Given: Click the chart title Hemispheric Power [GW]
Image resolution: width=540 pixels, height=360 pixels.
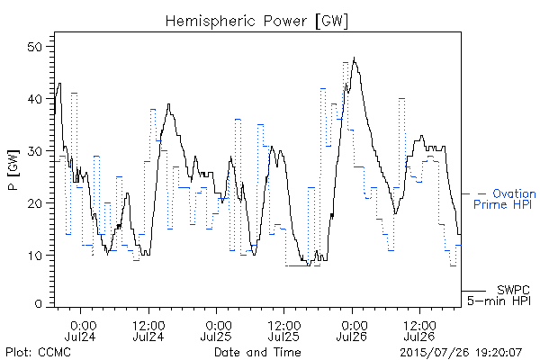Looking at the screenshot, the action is click(x=256, y=22).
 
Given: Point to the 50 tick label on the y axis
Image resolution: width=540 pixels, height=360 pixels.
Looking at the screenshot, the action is click(x=35, y=47).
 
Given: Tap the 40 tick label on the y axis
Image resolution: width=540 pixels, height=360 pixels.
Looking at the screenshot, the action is click(x=35, y=99).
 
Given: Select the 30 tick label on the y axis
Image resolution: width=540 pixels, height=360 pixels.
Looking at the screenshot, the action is click(x=35, y=151).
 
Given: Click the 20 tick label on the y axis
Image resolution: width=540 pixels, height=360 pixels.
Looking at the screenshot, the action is click(x=35, y=203).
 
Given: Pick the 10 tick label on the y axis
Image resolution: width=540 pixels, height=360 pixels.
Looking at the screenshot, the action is click(x=35, y=256).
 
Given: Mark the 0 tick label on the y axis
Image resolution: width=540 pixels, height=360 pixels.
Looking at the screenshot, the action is click(x=39, y=304).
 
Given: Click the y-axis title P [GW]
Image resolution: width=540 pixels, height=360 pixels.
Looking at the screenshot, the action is click(x=13, y=170).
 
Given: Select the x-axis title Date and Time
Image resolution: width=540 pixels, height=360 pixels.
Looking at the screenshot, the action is click(x=257, y=352).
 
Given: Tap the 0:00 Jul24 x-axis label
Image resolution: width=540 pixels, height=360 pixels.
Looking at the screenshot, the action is click(x=80, y=330).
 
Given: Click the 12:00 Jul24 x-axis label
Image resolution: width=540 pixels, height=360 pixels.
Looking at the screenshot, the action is click(x=148, y=330).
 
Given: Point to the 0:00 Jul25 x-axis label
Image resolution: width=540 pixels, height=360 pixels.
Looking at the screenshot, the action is click(x=216, y=330).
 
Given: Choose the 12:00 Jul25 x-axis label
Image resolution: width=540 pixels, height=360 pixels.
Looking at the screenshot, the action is click(x=283, y=330).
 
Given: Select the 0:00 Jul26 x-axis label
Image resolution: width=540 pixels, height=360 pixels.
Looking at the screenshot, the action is click(x=352, y=330).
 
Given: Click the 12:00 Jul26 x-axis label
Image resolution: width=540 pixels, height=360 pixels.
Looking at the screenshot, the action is click(x=419, y=330).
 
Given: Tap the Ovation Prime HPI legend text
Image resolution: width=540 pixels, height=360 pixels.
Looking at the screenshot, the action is click(x=504, y=199).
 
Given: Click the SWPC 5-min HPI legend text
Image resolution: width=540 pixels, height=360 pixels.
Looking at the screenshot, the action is click(x=499, y=295).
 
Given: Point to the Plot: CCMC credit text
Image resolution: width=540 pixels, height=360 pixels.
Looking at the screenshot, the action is click(x=38, y=352).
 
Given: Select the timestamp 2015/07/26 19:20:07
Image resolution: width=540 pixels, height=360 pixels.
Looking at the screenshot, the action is click(x=461, y=353).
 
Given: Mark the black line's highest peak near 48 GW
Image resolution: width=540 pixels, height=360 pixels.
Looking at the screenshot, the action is click(x=354, y=58).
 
